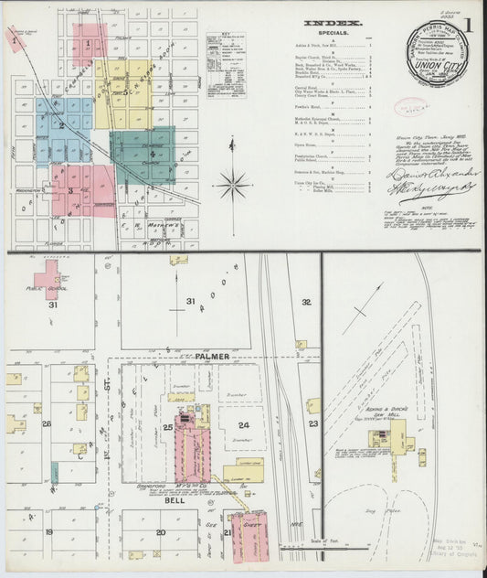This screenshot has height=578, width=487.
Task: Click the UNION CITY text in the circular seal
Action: pos(435,67)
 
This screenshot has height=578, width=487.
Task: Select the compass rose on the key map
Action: pos(235,186)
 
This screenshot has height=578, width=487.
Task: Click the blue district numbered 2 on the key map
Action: pos(61,125)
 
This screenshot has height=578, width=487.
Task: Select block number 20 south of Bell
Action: pos(161,532)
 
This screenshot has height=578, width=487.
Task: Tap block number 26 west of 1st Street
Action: pos(46,424)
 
